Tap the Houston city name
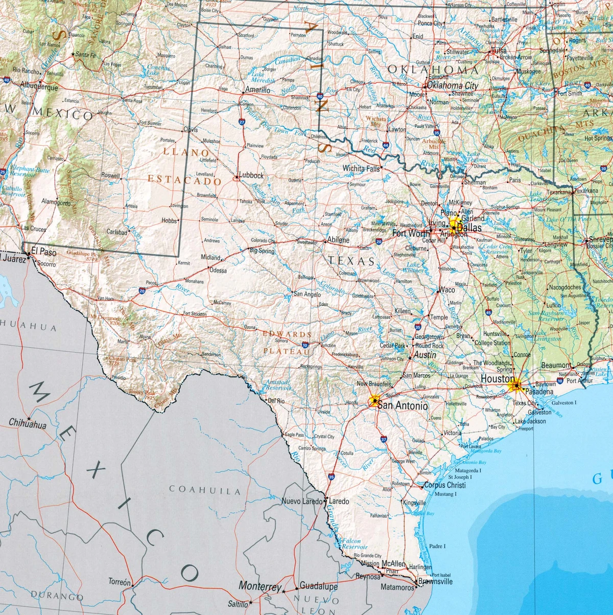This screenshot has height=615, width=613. point(498,379)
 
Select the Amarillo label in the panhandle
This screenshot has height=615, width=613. point(257,90)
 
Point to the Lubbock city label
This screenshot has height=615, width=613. point(251,175)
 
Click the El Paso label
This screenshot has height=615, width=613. point(43,251)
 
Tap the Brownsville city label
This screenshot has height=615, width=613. point(435,581)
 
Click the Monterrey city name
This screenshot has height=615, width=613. point(260,586)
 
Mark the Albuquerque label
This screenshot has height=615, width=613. point(39,87)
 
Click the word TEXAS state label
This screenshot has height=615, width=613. point(351,261)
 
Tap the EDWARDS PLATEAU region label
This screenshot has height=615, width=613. point(279,343)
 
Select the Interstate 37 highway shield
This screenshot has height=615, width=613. point(384,439)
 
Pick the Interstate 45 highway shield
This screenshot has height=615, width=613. point(488,312)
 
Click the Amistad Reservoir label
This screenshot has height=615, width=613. point(277,385)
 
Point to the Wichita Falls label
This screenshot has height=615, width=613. point(361,168)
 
